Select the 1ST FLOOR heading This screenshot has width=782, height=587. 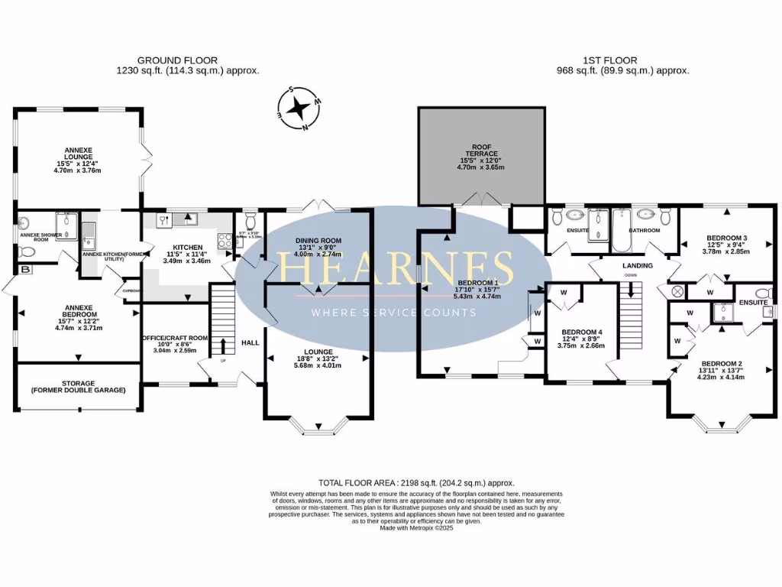coord(622,60)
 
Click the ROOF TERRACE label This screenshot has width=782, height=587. coord(481,152)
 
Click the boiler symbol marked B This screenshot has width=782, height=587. coord(26,269)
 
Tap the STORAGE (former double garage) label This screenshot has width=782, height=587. coord(77,386)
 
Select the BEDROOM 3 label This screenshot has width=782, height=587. coord(726,238)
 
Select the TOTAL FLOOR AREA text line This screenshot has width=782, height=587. coord(416,483)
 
